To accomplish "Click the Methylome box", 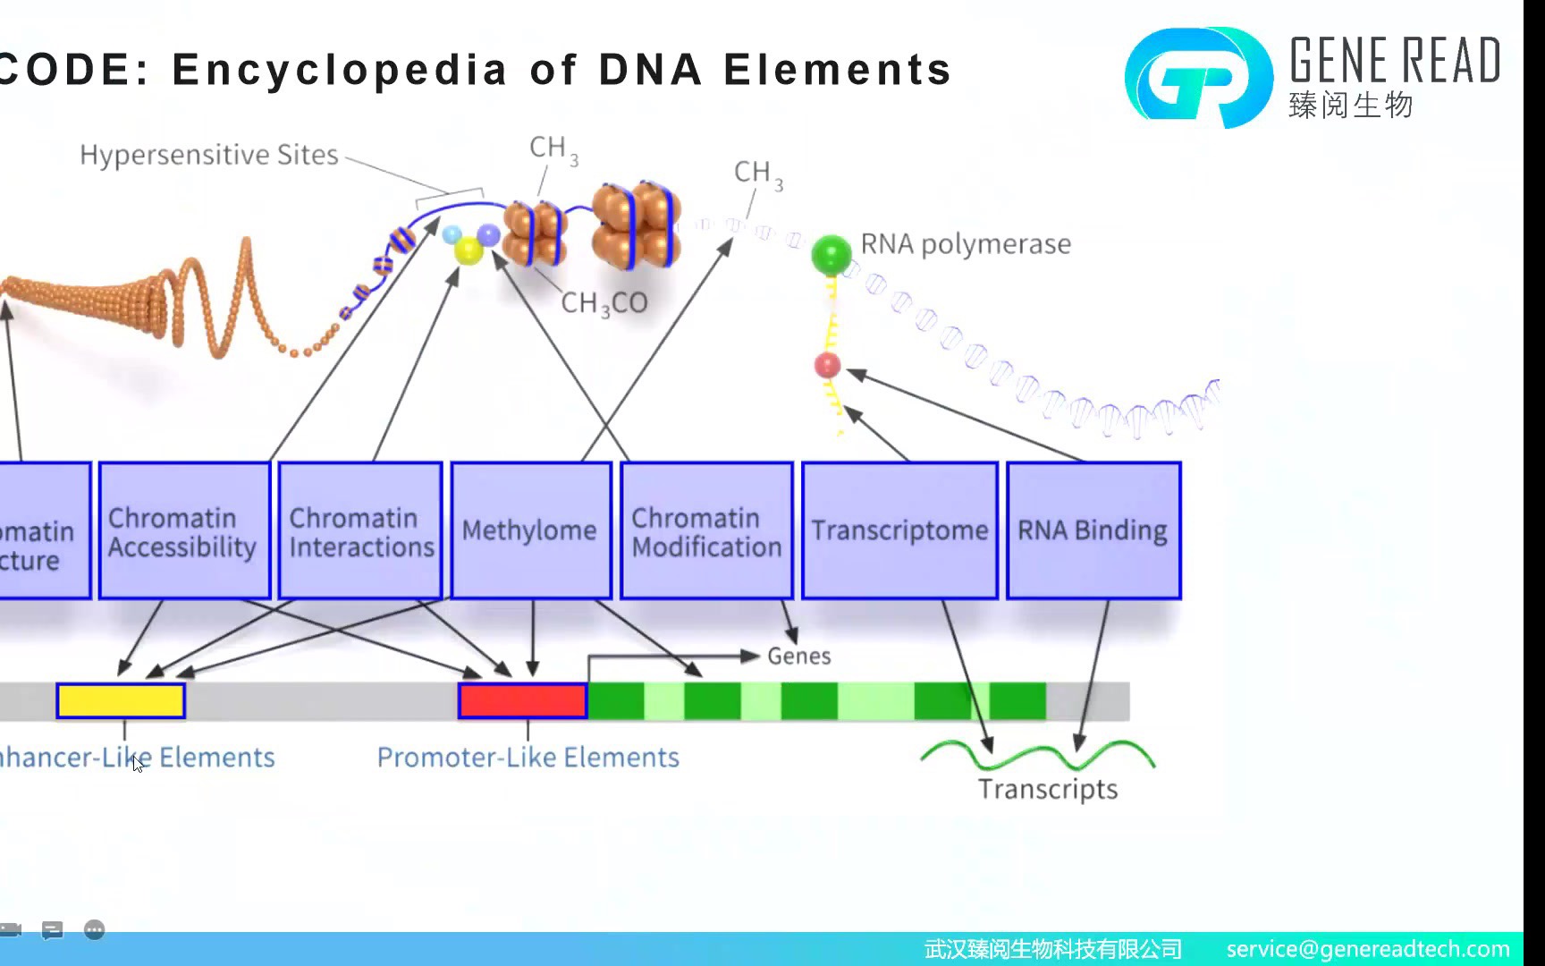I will tap(530, 530).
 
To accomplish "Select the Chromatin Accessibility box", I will tap(184, 530).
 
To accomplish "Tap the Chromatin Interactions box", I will tap(360, 530).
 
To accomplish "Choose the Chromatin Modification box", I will tap(706, 530).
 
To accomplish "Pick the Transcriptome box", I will tap(899, 530).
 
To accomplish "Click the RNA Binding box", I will tap(1093, 530).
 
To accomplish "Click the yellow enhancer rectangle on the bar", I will tap(121, 701).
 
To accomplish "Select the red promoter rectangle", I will tap(523, 701).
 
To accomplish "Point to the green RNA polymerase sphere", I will tap(832, 255).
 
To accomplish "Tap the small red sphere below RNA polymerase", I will tap(828, 365).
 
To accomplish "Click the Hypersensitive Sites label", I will tap(209, 155).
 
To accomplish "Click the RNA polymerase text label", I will tap(966, 244).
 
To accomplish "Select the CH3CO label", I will tap(604, 303).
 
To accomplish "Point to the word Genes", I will tap(799, 657).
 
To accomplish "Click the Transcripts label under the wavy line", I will tap(1048, 790).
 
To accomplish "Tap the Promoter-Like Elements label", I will tap(528, 758).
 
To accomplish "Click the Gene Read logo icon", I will tap(1198, 78).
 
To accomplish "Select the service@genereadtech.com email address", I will tap(1368, 949).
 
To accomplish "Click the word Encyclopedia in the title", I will tap(340, 70).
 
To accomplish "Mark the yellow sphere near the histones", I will tap(469, 250).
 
